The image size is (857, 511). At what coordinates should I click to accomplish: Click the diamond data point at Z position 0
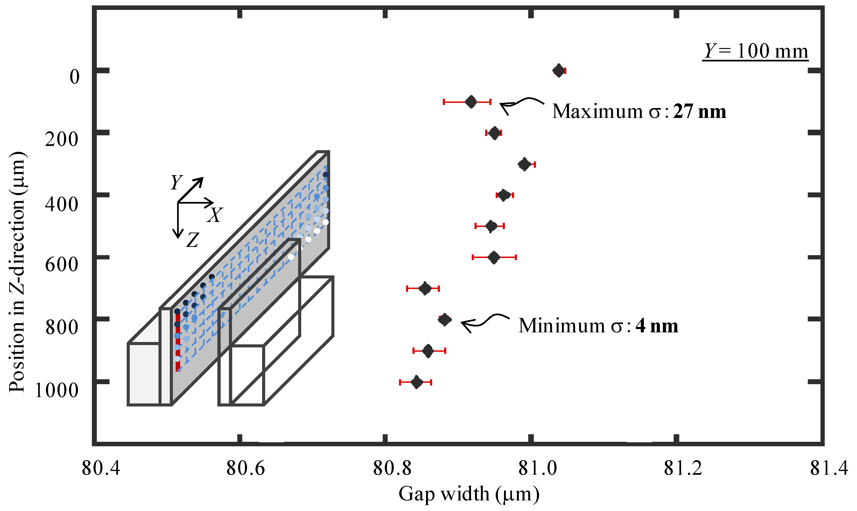pos(559,71)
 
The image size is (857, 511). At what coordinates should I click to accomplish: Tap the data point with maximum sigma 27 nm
pos(471,102)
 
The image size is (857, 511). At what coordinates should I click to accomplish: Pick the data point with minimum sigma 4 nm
pos(445,320)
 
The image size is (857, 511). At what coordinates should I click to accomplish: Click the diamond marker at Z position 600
pos(494,257)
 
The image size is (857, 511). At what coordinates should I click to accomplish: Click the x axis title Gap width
pos(468,494)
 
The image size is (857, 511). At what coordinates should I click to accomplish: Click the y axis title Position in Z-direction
pos(17,272)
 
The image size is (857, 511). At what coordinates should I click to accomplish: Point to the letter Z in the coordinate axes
pos(193,240)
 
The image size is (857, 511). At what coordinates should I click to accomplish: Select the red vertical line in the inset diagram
pos(178,341)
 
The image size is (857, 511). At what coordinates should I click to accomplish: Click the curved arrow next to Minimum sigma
pos(484,322)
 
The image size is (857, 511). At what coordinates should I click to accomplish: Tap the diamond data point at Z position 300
pos(524,164)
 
